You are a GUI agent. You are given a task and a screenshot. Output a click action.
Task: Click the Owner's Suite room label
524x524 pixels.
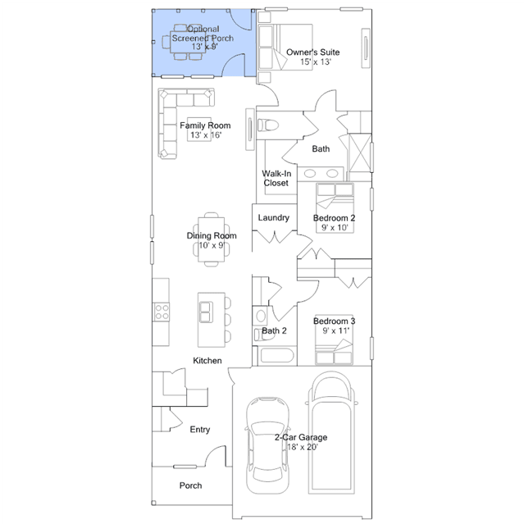pyautogui.click(x=312, y=52)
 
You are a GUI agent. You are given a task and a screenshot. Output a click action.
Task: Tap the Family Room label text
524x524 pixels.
pyautogui.click(x=205, y=125)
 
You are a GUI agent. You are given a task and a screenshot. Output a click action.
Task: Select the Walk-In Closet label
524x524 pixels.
pyautogui.click(x=276, y=178)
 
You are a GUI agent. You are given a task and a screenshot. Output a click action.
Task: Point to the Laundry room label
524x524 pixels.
pyautogui.click(x=273, y=217)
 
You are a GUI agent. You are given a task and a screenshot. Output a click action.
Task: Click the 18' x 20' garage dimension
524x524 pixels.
pyautogui.click(x=303, y=447)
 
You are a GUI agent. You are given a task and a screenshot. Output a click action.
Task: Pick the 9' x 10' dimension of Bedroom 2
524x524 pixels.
pyautogui.click(x=335, y=227)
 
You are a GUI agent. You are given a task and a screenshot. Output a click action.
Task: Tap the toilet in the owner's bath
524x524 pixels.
pyautogui.click(x=268, y=125)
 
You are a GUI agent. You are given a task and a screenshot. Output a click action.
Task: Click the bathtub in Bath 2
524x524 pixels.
pyautogui.click(x=277, y=356)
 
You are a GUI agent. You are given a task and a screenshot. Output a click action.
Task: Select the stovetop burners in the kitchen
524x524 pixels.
pyautogui.click(x=162, y=312)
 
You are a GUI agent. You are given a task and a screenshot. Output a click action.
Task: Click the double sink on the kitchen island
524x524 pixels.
pyautogui.click(x=206, y=312)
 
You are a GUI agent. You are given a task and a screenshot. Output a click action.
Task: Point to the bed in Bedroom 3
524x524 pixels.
pyautogui.click(x=334, y=339)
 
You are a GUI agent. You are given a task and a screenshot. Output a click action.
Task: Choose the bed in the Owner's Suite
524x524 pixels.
pyautogui.click(x=285, y=47)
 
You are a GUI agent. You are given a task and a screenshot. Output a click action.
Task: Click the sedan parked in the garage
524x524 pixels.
pyautogui.click(x=267, y=445)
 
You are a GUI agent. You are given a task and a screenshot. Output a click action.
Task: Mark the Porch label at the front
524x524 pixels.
pyautogui.click(x=190, y=485)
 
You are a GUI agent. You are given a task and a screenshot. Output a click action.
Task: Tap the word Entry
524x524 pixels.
pyautogui.click(x=200, y=430)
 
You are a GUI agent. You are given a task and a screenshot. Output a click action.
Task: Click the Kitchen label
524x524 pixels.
pyautogui.click(x=207, y=361)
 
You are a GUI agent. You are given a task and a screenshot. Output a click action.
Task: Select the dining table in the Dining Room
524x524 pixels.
pyautogui.click(x=212, y=239)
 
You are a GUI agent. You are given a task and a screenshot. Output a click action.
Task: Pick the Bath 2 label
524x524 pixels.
pyautogui.click(x=274, y=330)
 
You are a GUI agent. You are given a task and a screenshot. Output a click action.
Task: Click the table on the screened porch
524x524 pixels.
pyautogui.click(x=188, y=42)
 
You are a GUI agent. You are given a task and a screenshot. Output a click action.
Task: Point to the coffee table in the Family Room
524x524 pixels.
pyautogui.click(x=199, y=130)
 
